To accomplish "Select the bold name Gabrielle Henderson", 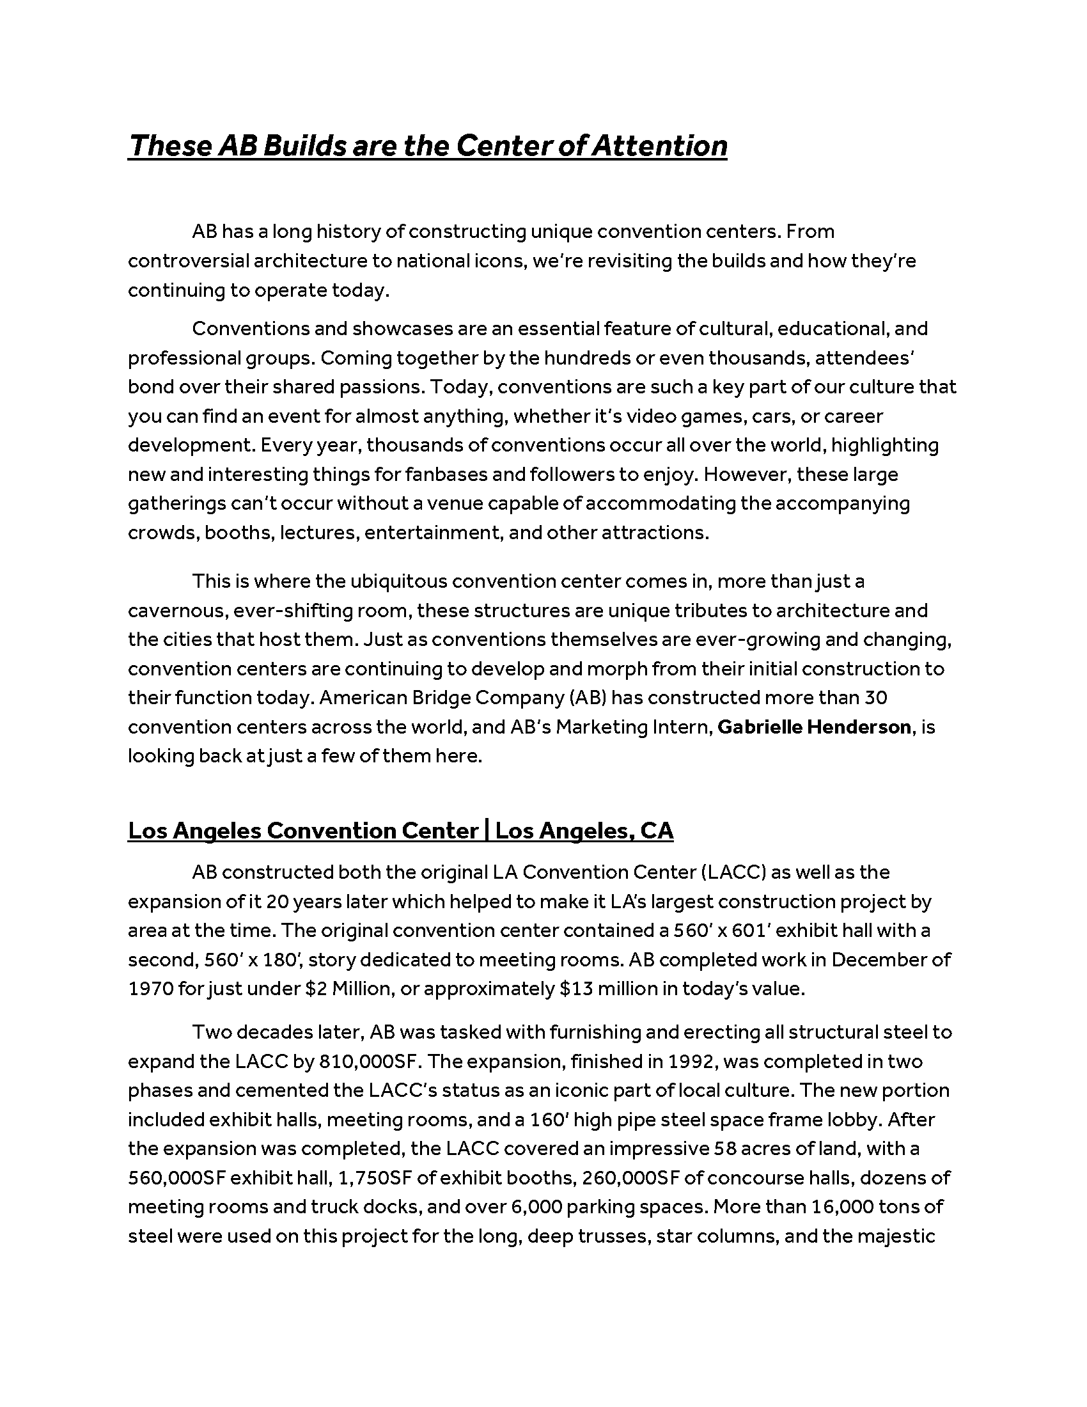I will [814, 727].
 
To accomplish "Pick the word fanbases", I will [446, 474].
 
